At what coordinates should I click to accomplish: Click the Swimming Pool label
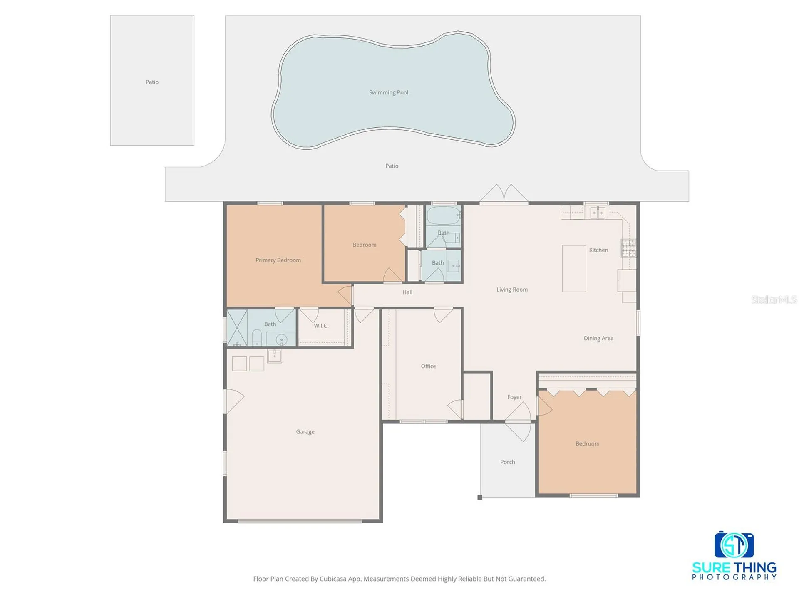click(388, 92)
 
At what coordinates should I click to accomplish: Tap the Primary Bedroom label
click(278, 260)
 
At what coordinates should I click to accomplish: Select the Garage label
click(305, 432)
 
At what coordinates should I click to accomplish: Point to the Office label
click(428, 366)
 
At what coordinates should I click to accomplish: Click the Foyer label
click(514, 397)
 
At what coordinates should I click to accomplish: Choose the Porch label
click(508, 462)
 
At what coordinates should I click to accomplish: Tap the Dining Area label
click(598, 338)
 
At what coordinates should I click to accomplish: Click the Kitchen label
click(598, 250)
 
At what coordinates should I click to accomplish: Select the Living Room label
click(512, 290)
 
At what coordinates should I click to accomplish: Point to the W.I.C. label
click(321, 326)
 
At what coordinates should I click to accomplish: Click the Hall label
click(407, 292)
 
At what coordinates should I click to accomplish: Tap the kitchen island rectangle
click(574, 268)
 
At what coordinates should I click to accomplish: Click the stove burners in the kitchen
click(629, 248)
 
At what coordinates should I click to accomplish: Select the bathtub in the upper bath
click(444, 215)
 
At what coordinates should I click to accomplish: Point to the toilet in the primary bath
click(257, 337)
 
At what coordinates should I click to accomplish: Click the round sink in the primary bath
click(281, 339)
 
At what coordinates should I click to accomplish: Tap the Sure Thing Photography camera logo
click(734, 545)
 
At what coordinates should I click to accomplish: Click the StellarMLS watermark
click(774, 299)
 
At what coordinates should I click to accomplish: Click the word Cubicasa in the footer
click(333, 579)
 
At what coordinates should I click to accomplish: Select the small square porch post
click(480, 497)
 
